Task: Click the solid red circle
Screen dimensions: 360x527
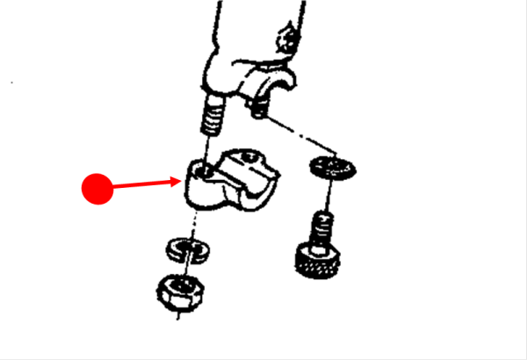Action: tap(97, 189)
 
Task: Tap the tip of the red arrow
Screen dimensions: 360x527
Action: tap(181, 182)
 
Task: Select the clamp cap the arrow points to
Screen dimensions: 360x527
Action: tap(233, 183)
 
